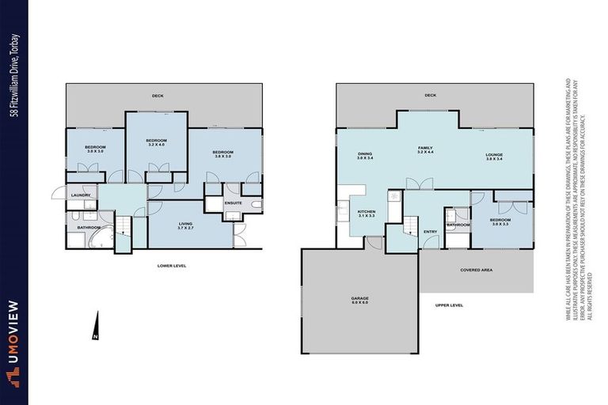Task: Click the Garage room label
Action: tap(360, 300)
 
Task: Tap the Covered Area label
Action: tap(476, 270)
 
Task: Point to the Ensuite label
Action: tap(234, 202)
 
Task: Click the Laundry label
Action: tap(79, 195)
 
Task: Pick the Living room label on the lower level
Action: tap(185, 226)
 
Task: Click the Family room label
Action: tap(427, 150)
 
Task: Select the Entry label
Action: tap(430, 231)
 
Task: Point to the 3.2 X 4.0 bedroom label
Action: tap(155, 143)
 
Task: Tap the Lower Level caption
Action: tap(172, 266)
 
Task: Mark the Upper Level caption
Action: tap(449, 305)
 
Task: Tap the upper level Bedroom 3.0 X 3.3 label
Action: tap(499, 221)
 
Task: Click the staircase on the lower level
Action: tap(123, 229)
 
